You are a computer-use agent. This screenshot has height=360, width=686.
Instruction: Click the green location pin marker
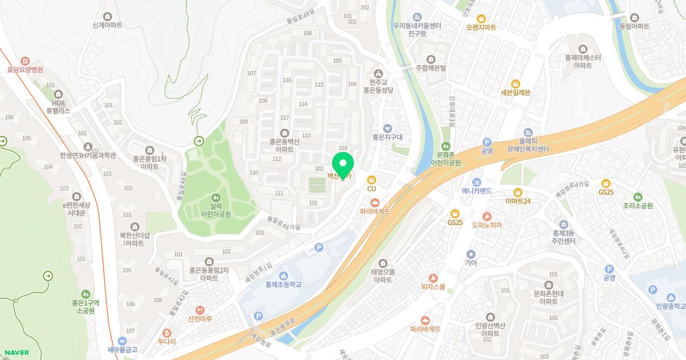(x=343, y=165)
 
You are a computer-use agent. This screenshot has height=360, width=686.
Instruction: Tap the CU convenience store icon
(x=371, y=179)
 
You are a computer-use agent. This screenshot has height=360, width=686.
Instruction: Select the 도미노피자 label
(x=486, y=225)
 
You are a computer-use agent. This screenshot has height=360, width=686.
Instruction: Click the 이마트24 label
(x=518, y=201)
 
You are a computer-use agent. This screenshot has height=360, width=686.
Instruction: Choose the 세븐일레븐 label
(x=516, y=93)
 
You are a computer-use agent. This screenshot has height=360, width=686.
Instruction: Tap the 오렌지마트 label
(x=481, y=27)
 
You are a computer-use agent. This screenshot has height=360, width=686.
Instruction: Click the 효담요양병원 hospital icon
(x=25, y=61)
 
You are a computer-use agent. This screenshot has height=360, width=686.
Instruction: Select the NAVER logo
(x=17, y=353)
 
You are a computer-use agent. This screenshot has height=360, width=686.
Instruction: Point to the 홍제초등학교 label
(x=283, y=285)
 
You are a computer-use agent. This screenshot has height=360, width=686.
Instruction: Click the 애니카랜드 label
(x=476, y=191)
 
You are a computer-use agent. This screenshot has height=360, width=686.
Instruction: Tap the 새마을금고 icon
(x=119, y=341)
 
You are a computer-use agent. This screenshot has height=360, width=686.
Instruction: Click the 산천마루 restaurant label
(x=200, y=319)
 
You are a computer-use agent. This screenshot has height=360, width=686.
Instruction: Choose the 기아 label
(x=470, y=263)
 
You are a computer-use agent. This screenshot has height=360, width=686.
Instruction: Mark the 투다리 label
(x=166, y=342)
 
